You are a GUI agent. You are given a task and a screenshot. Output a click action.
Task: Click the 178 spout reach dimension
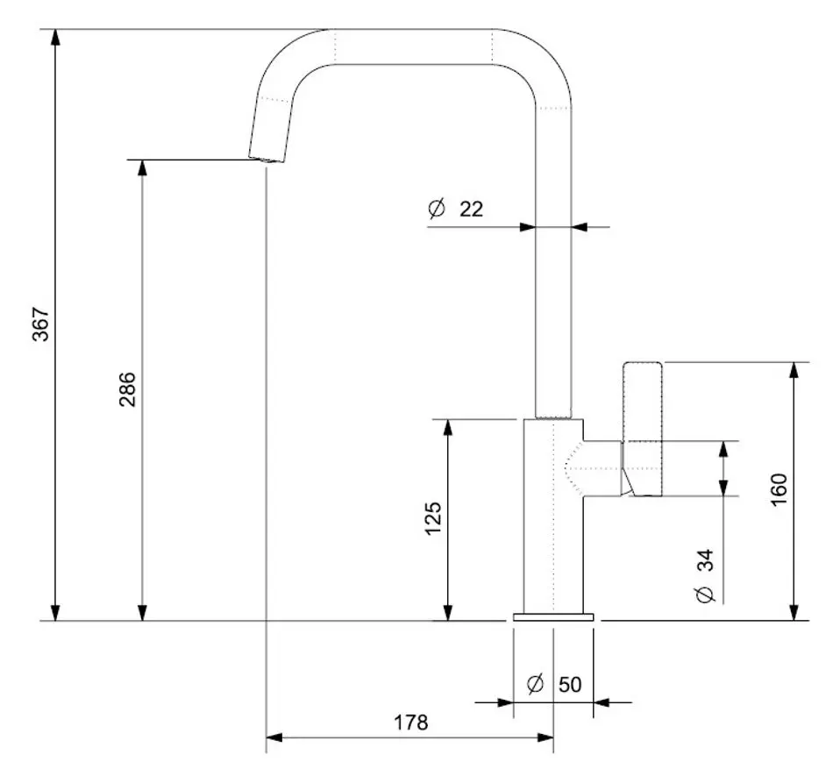[410, 723]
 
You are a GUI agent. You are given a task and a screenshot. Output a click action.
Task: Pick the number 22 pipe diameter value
[471, 209]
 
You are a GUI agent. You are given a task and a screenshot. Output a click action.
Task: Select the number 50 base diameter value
[570, 684]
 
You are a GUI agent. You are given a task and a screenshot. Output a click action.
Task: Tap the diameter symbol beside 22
[437, 209]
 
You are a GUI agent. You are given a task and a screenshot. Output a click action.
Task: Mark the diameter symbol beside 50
[537, 684]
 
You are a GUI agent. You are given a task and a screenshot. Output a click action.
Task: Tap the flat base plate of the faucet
[553, 617]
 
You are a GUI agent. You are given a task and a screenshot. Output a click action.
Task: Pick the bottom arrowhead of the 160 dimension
[794, 613]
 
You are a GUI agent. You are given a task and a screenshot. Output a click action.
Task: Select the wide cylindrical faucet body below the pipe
[552, 517]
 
